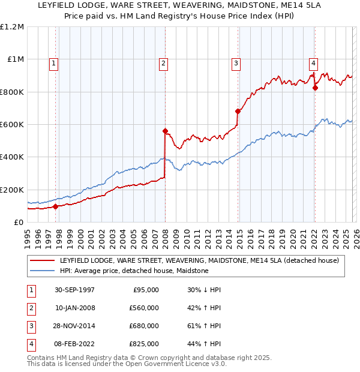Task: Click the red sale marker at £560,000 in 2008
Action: click(x=165, y=131)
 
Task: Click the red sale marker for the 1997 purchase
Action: click(x=56, y=206)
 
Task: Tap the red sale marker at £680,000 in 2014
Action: click(x=238, y=111)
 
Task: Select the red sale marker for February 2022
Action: click(x=315, y=88)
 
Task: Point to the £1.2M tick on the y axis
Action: click(x=12, y=27)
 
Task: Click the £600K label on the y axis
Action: click(x=12, y=125)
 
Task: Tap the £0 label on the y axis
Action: click(x=18, y=222)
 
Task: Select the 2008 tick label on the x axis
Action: click(x=165, y=236)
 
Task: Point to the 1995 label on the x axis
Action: click(x=28, y=236)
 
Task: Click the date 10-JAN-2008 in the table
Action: click(x=75, y=307)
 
